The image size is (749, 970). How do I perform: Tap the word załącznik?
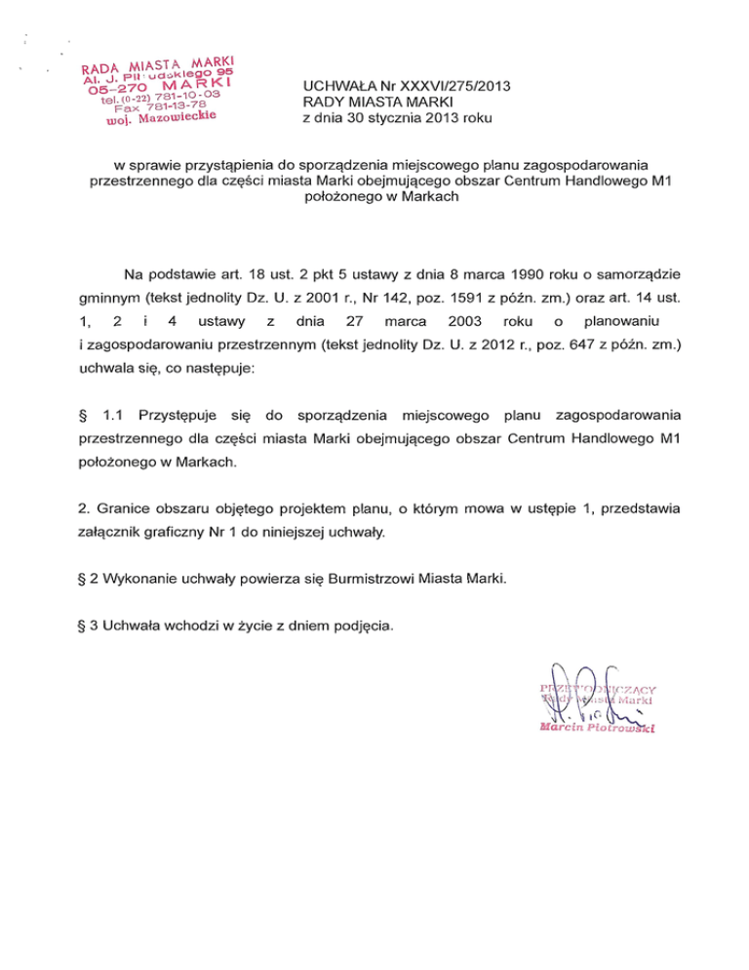pos(110,533)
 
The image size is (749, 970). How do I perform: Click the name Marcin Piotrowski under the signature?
pos(595,727)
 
